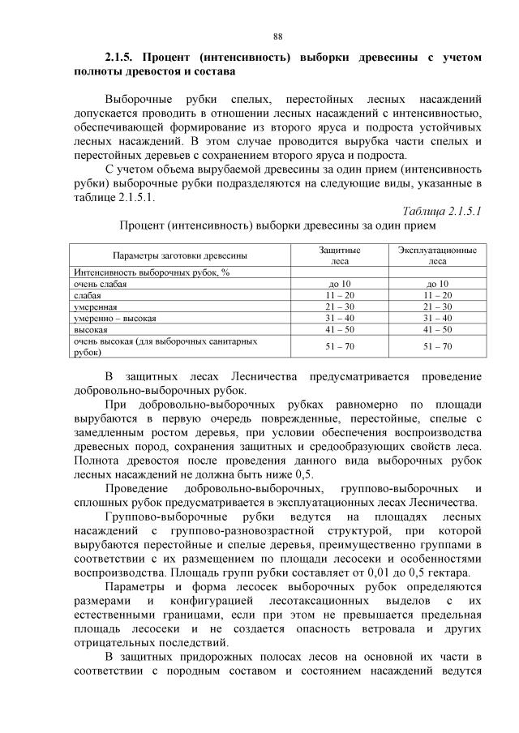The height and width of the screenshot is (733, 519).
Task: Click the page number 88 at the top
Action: pos(277,36)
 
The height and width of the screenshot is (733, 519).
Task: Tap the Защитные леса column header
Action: pos(339,256)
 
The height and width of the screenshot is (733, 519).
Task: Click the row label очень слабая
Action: pos(100,284)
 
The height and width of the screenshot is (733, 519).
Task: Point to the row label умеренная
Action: pos(96,307)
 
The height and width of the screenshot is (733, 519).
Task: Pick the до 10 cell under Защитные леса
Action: pos(339,284)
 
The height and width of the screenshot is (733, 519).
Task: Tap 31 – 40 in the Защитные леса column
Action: pos(339,319)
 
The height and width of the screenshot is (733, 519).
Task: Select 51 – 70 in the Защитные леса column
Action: pos(339,347)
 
